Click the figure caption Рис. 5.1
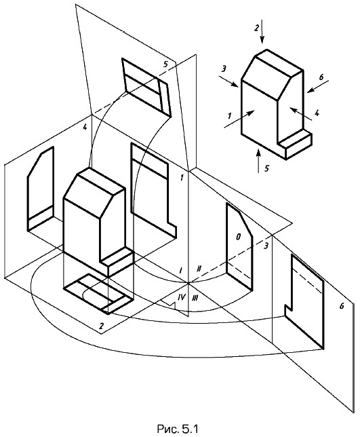click(x=178, y=428)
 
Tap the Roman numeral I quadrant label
click(x=181, y=270)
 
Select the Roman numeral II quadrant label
click(x=199, y=269)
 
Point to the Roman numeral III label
click(x=195, y=298)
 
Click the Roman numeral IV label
click(x=181, y=297)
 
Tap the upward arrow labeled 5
click(x=259, y=161)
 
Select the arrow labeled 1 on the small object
click(x=239, y=119)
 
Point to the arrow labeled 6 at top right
click(x=318, y=86)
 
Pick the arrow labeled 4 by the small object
click(x=300, y=113)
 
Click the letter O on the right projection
click(x=238, y=237)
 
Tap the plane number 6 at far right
click(x=342, y=306)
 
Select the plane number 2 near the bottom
click(x=101, y=326)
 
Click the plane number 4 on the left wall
click(x=85, y=127)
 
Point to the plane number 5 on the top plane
click(x=165, y=64)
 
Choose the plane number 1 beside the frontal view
click(x=182, y=178)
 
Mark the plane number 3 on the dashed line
click(x=266, y=246)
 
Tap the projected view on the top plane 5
click(x=146, y=87)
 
